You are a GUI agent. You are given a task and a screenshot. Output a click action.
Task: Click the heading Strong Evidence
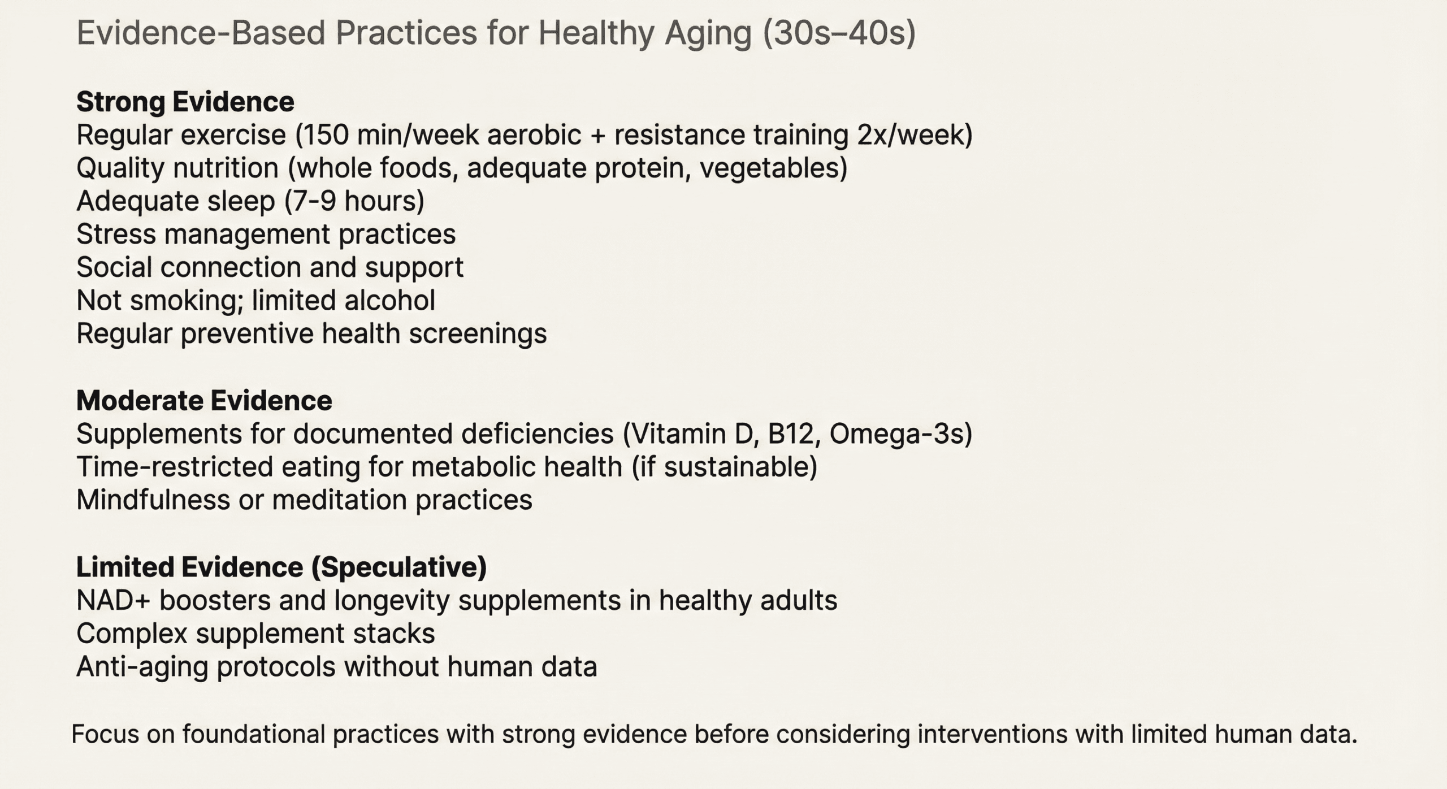[185, 102]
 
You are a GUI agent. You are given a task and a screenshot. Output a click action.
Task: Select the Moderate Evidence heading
[204, 401]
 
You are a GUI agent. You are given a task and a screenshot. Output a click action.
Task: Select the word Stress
[115, 234]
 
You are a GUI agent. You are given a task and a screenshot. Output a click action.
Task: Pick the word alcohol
[389, 301]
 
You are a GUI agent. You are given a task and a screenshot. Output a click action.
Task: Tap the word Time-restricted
[174, 467]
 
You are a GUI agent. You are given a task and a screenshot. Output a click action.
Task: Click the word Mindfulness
[153, 500]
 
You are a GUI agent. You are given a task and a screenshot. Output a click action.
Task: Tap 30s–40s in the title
[839, 33]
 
